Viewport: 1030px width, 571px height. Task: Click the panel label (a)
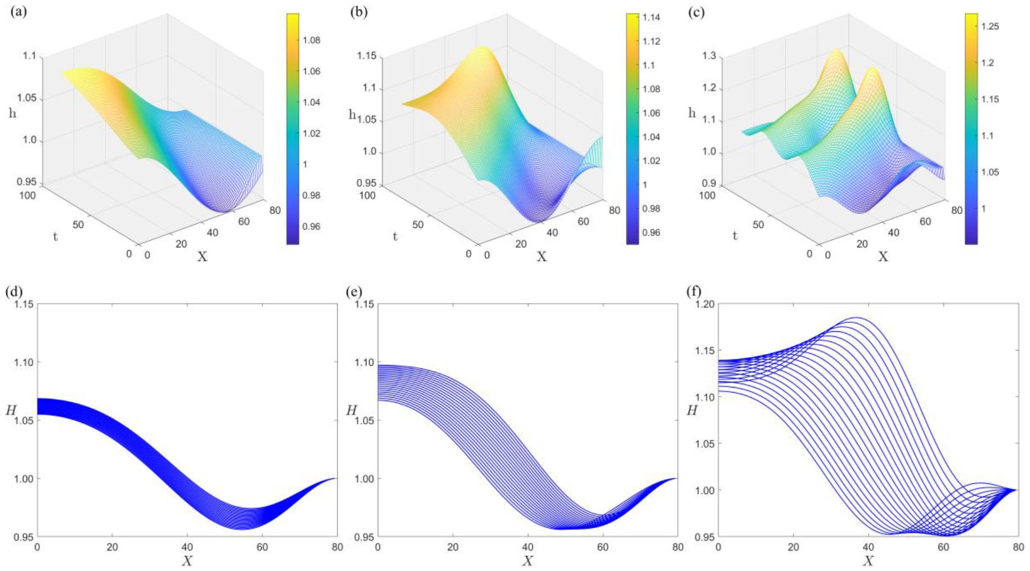(19, 12)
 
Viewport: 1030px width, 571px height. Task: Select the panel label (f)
(694, 291)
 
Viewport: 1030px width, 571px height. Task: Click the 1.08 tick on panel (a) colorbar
(311, 40)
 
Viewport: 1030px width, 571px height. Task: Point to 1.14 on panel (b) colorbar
(651, 17)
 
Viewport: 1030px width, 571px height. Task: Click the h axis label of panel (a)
(12, 113)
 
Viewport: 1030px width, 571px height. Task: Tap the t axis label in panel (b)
(395, 236)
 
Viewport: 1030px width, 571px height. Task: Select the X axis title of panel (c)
(883, 257)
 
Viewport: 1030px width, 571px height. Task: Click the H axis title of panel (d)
(11, 410)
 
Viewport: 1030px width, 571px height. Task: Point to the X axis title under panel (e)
(527, 560)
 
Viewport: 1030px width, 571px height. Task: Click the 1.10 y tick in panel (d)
(24, 362)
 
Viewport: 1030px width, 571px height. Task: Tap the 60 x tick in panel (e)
(602, 547)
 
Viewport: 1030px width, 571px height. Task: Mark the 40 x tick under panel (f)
(868, 547)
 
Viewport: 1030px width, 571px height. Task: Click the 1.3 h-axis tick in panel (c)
(709, 56)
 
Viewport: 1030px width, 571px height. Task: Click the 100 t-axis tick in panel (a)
(27, 195)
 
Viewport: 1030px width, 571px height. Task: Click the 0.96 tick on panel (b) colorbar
(651, 232)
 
